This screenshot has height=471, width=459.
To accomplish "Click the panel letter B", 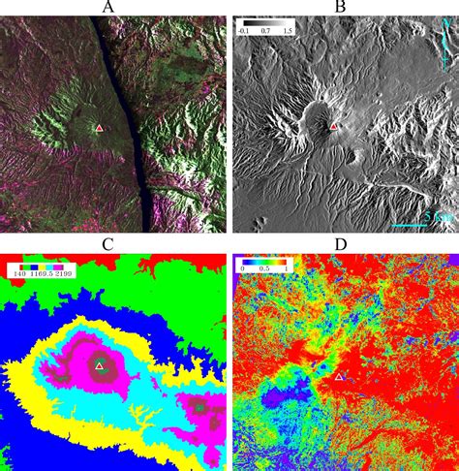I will coord(340,8).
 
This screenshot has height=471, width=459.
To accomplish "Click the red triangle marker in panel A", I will coord(98,127).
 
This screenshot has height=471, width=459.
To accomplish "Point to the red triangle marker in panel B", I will coord(335,126).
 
